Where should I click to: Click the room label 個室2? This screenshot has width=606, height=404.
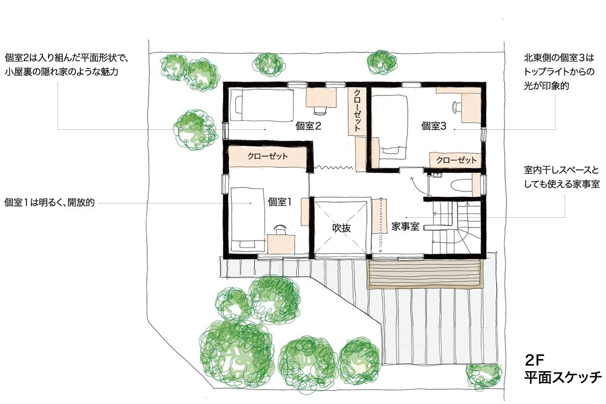(x=308, y=126)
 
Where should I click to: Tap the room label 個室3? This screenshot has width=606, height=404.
(x=433, y=126)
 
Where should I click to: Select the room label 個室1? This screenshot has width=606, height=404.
(x=279, y=202)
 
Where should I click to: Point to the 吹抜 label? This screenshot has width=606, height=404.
(x=341, y=228)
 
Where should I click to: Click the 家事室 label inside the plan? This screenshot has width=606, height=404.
(x=405, y=226)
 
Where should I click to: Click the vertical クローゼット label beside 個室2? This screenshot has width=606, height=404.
(x=357, y=111)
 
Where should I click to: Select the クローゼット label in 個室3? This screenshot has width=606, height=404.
(x=457, y=160)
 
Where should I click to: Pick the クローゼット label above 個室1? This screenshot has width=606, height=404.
(x=268, y=156)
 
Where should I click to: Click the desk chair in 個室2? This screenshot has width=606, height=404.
(x=320, y=110)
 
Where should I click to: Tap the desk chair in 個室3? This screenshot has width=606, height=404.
(x=457, y=107)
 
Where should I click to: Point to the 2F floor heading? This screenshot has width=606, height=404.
(x=534, y=360)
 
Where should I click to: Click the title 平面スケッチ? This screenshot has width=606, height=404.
(x=563, y=377)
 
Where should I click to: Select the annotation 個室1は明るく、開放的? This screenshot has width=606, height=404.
(x=49, y=202)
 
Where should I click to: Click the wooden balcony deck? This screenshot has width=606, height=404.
(x=425, y=274)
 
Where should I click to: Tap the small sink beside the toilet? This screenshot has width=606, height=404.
(x=437, y=175)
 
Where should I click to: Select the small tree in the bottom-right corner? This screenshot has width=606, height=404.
(x=484, y=377)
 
